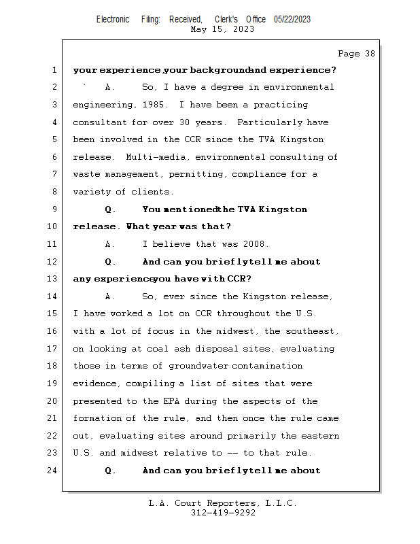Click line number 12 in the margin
point(54,262)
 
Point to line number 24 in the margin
point(54,471)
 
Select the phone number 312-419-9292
point(223,513)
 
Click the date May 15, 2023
point(223,29)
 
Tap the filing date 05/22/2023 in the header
point(292,19)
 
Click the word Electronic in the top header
point(113,19)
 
